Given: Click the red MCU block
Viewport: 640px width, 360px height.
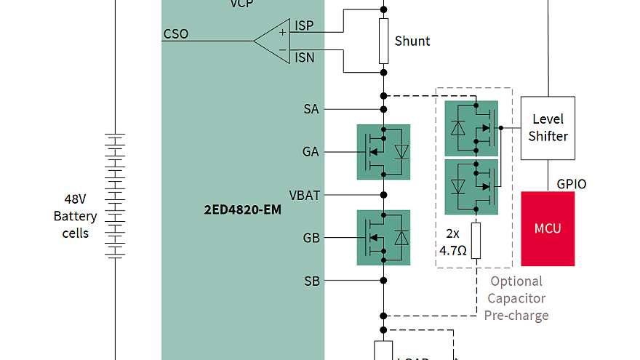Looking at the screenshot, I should pyautogui.click(x=548, y=228).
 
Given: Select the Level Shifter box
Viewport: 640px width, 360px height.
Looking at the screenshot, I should pyautogui.click(x=548, y=128).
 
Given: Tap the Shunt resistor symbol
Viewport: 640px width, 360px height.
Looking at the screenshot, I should pyautogui.click(x=383, y=41).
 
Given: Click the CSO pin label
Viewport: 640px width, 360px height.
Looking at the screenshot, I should pyautogui.click(x=175, y=34).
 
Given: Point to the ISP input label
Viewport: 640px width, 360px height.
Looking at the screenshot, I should pyautogui.click(x=304, y=26).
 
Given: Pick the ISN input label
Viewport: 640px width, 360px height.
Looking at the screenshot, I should pyautogui.click(x=304, y=57).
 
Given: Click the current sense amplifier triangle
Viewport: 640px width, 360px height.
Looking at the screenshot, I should pyautogui.click(x=272, y=41).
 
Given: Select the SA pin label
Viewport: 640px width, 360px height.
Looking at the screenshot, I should pyautogui.click(x=311, y=110).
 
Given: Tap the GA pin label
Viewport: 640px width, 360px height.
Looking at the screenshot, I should pyautogui.click(x=311, y=152).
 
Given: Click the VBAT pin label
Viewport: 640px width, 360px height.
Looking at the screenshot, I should pyautogui.click(x=305, y=196).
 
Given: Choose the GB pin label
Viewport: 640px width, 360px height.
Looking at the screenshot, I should pyautogui.click(x=311, y=238).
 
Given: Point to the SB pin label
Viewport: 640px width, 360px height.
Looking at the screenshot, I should pyautogui.click(x=311, y=281).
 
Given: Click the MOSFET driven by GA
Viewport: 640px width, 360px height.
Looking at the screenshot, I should pyautogui.click(x=383, y=152).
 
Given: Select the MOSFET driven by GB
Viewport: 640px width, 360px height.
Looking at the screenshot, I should pyautogui.click(x=383, y=238).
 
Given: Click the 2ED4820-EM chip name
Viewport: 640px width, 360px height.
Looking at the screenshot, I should pyautogui.click(x=242, y=210).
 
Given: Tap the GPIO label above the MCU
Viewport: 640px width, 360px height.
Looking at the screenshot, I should pyautogui.click(x=571, y=184).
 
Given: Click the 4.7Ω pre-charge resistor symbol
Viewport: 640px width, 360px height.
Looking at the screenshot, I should pyautogui.click(x=476, y=241).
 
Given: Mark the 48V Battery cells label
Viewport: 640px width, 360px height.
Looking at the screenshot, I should pyautogui.click(x=75, y=216).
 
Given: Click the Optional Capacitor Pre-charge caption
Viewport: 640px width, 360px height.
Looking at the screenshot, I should pyautogui.click(x=516, y=298).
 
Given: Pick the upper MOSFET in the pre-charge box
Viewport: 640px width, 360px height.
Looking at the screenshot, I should pyautogui.click(x=471, y=128).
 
